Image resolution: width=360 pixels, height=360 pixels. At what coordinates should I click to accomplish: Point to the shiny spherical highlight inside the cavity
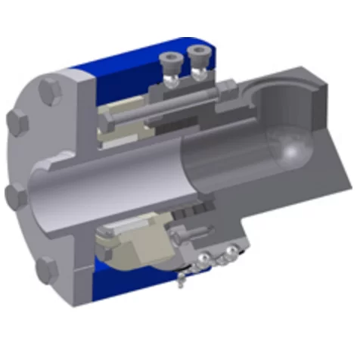[290, 151]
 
